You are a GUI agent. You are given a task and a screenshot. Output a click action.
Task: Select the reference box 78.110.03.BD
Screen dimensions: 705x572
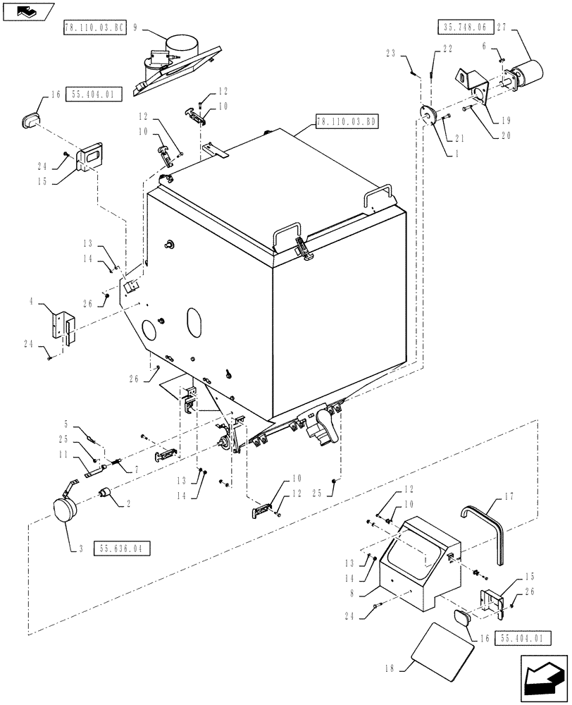[x=347, y=122]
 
